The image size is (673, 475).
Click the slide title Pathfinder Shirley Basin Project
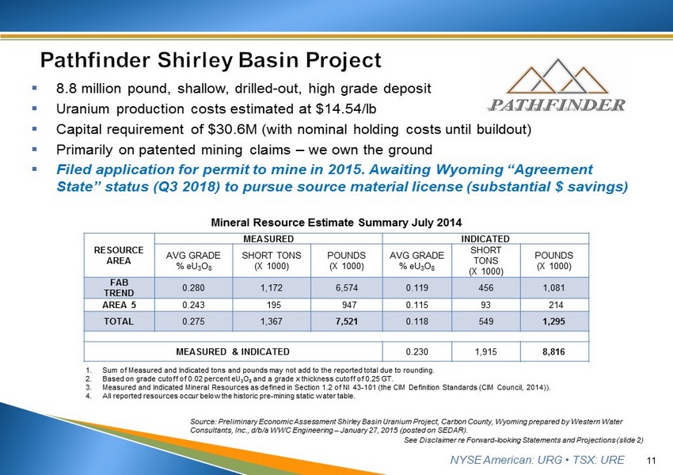pyautogui.click(x=211, y=60)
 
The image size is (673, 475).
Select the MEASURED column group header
pyautogui.click(x=268, y=238)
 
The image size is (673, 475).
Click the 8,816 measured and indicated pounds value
pyautogui.click(x=554, y=351)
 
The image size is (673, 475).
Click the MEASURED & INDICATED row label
pyautogui.click(x=232, y=351)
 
